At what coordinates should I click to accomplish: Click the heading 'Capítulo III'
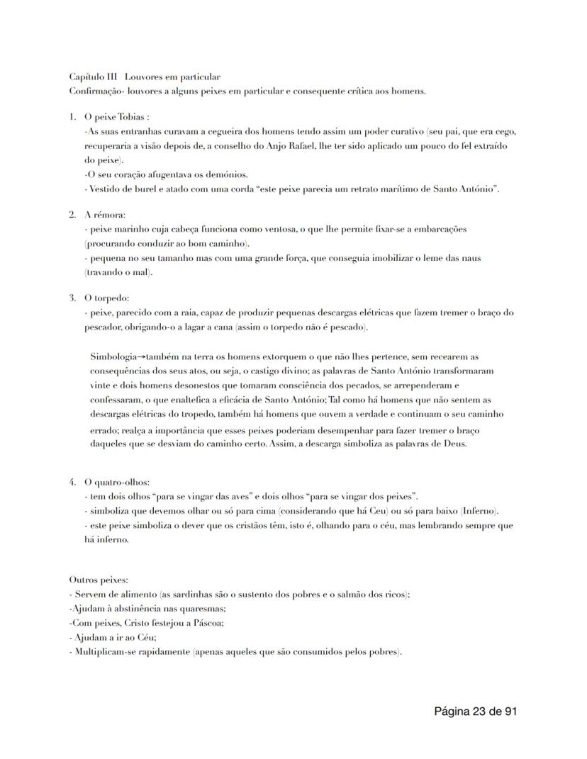tap(93, 77)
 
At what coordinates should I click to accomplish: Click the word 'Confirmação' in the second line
tap(94, 91)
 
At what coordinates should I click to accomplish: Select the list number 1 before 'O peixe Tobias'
tap(72, 117)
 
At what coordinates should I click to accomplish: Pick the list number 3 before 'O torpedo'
tap(72, 298)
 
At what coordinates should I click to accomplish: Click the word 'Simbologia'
tap(113, 356)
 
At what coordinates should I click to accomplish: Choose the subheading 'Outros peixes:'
tap(99, 580)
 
